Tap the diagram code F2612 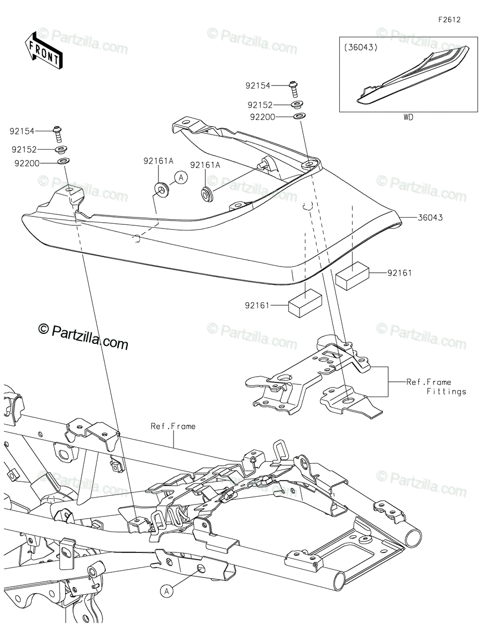click(x=449, y=20)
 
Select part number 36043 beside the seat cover click(x=430, y=218)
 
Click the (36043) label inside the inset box click(x=361, y=47)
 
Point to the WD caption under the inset click(x=408, y=117)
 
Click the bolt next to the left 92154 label click(x=57, y=133)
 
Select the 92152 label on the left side click(x=24, y=149)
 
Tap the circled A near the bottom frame click(x=166, y=591)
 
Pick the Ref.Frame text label click(x=173, y=426)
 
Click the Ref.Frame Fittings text click(x=429, y=387)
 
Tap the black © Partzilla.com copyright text click(x=83, y=343)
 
